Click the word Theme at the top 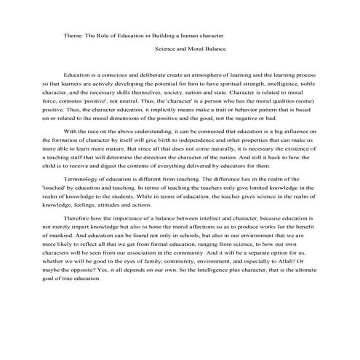(73, 34)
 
